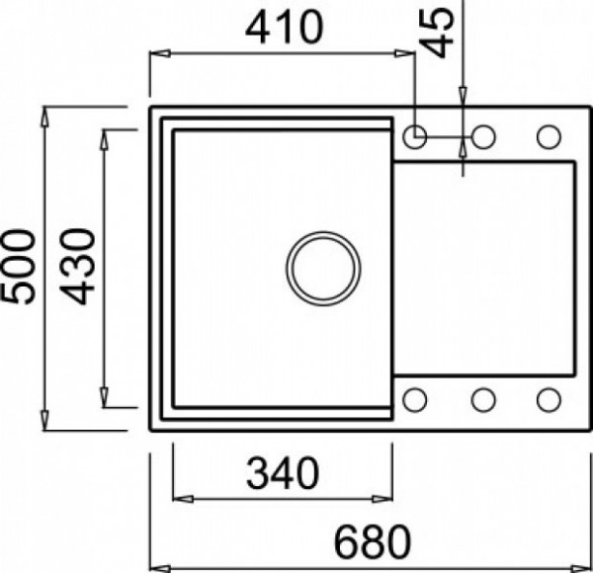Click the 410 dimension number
pyautogui.click(x=285, y=28)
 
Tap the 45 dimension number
pyautogui.click(x=437, y=33)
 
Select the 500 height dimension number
pyautogui.click(x=18, y=267)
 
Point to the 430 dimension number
pyautogui.click(x=77, y=267)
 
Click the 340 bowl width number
pyautogui.click(x=283, y=473)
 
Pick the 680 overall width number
pyautogui.click(x=373, y=542)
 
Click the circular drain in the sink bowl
pyautogui.click(x=323, y=269)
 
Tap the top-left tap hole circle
pyautogui.click(x=415, y=136)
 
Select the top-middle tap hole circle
pyautogui.click(x=483, y=136)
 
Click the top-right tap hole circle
pyautogui.click(x=549, y=136)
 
